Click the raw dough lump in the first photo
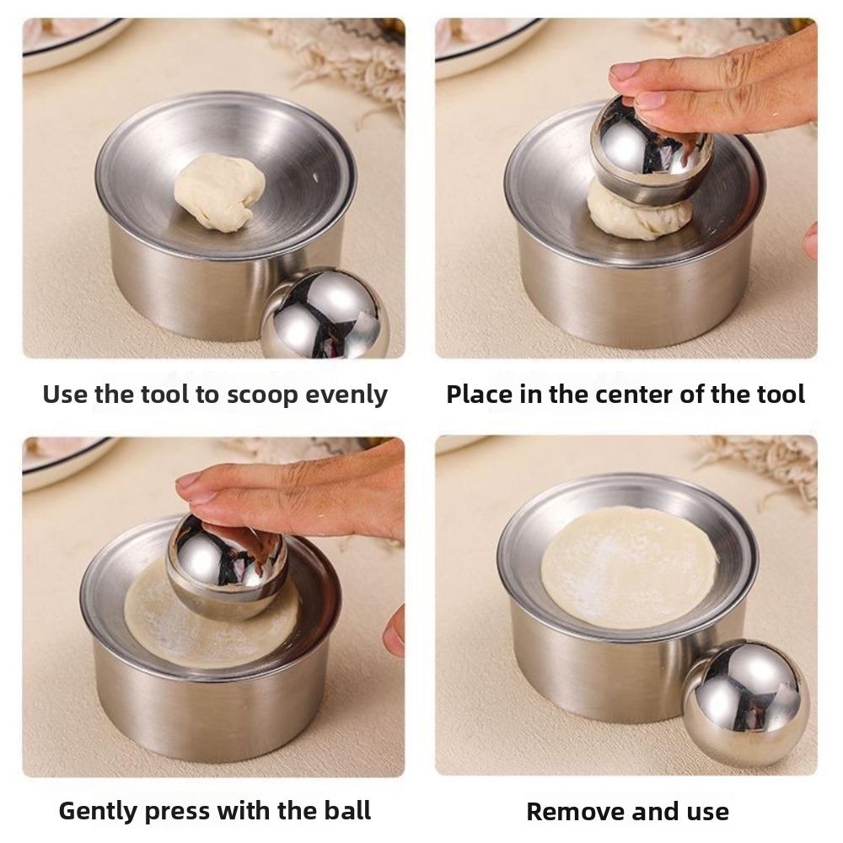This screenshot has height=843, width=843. [219, 191]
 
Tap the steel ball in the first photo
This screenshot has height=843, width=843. [325, 314]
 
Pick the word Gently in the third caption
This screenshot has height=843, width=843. [98, 811]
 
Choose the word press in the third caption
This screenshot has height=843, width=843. [178, 812]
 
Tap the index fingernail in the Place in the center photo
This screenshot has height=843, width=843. [625, 71]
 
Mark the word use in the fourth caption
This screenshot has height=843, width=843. [705, 812]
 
